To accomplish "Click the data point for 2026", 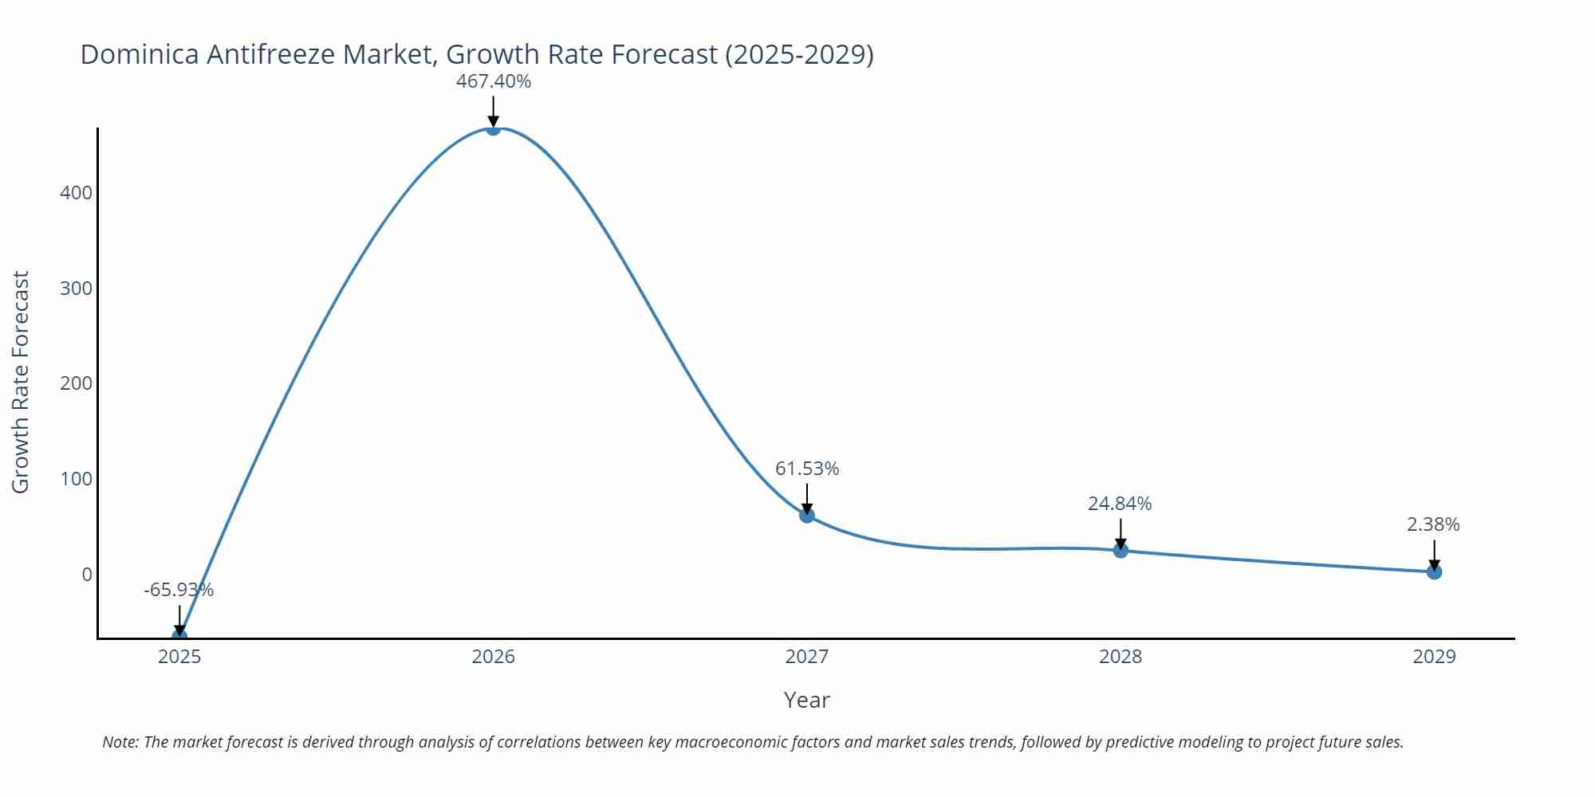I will click(x=493, y=128).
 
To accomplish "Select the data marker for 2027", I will click(x=806, y=515).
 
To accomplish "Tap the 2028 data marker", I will click(x=1120, y=550).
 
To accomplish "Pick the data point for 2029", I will click(x=1434, y=571).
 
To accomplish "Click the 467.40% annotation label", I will click(x=493, y=81).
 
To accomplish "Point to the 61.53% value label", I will click(x=807, y=469).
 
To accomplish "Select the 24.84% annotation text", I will click(x=1120, y=504).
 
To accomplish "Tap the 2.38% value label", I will click(x=1433, y=524).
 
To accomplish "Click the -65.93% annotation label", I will click(x=179, y=590).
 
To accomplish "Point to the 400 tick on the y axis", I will click(x=76, y=193).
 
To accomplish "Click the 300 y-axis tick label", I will click(x=76, y=289).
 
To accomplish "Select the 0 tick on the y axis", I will click(x=87, y=575).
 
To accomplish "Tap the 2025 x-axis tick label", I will click(x=179, y=657).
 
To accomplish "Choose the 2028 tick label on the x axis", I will click(x=1120, y=657).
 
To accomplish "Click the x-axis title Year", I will click(x=806, y=700).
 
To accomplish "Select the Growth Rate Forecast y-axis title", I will click(x=21, y=383).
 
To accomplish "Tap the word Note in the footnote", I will click(x=120, y=742).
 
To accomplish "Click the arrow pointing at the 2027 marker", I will click(x=806, y=497).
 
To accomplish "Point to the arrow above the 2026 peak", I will click(x=493, y=110).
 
